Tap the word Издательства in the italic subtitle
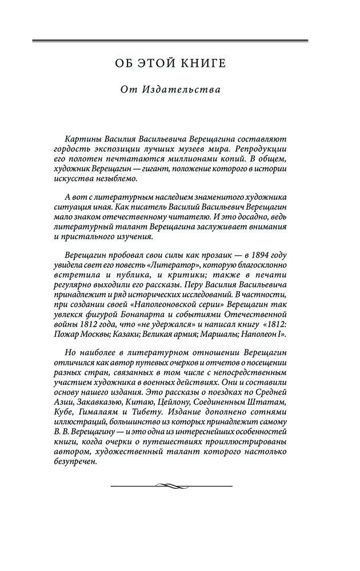click(x=181, y=90)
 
